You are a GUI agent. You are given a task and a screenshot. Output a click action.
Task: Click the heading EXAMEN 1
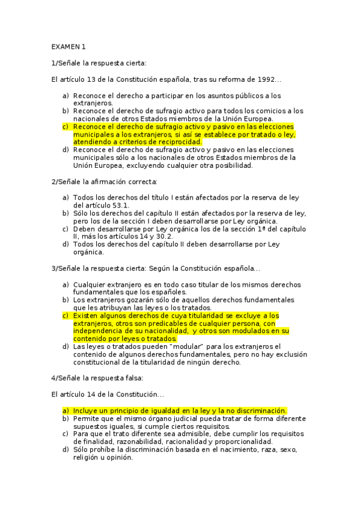[x=69, y=46]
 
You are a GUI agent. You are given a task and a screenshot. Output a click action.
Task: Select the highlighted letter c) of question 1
[x=66, y=127]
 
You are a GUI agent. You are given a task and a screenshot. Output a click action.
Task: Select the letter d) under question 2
[x=66, y=244]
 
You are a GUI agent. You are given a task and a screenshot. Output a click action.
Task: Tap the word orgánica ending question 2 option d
[x=89, y=253]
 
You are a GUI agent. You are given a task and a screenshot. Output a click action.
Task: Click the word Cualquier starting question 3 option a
[x=90, y=284]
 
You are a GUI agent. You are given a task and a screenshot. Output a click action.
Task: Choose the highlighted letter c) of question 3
[x=66, y=315]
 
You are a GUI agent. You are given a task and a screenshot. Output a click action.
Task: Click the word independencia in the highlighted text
[x=101, y=331]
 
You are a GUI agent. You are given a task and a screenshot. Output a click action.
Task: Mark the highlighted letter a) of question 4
[x=66, y=410]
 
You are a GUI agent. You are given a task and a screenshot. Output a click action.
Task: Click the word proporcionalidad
[x=237, y=441]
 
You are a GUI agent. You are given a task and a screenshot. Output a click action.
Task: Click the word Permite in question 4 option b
[x=87, y=418]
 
